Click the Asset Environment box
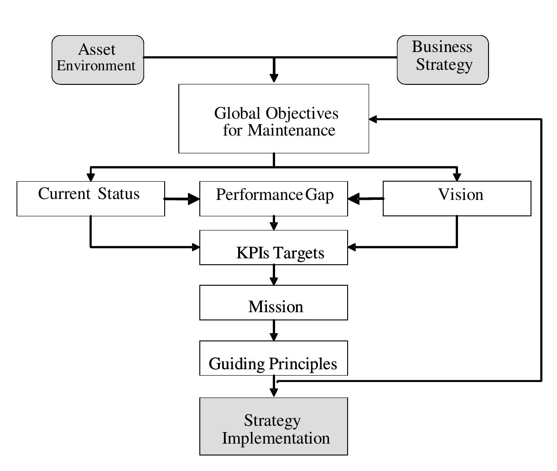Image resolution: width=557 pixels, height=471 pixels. pos(98,60)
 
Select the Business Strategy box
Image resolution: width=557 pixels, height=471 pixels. pos(442,60)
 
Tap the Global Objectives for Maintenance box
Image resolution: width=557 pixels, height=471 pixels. pos(274,119)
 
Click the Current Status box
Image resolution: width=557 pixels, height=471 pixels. pos(91,199)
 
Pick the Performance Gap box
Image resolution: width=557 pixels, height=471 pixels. pos(274,199)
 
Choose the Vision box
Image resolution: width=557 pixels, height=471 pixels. pos(457,199)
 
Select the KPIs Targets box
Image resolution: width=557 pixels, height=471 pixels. pos(274,247)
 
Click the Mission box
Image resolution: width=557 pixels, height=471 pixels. pos(274,303)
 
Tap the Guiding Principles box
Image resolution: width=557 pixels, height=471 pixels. pos(274,358)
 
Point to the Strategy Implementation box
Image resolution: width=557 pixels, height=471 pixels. pos(274,426)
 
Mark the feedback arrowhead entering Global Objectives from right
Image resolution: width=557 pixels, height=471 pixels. pos(373,119)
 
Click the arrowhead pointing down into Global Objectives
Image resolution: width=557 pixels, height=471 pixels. pos(274,78)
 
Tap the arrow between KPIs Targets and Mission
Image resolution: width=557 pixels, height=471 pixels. pos(274,275)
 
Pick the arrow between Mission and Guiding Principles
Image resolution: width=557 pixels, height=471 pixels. pos(274,330)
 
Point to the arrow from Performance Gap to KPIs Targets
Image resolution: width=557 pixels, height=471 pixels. pos(274,223)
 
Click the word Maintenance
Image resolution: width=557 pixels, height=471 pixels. pos(292,130)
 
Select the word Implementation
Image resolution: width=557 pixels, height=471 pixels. pos(276,438)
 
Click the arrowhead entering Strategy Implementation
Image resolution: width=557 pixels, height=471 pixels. pos(274,392)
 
